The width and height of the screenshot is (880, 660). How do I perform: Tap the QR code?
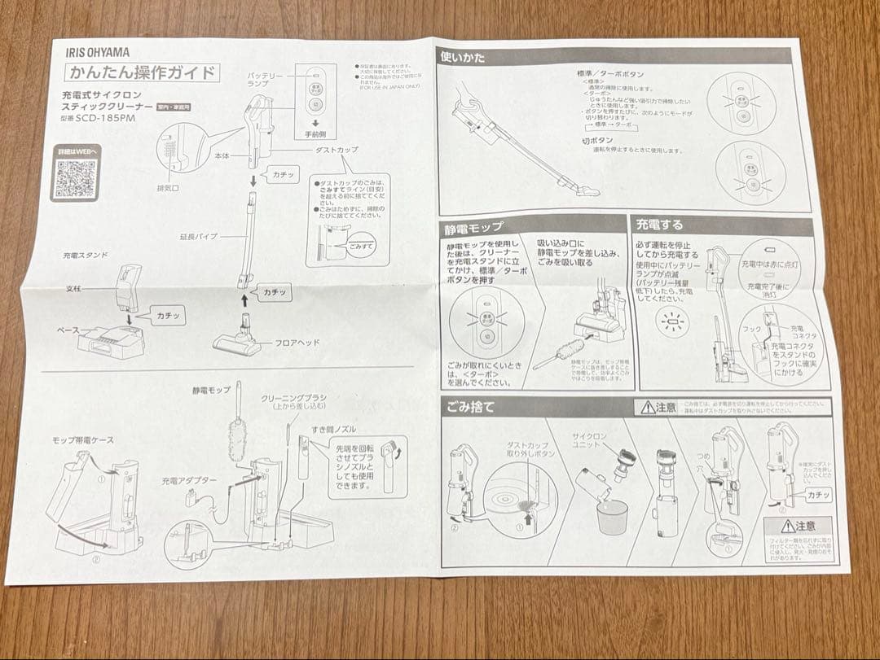[75, 179]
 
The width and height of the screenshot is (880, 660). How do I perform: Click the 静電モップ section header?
[476, 226]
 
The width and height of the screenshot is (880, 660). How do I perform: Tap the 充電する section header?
[660, 224]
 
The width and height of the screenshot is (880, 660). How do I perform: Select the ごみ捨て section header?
[470, 407]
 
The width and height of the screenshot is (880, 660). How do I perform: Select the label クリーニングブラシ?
[294, 397]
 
